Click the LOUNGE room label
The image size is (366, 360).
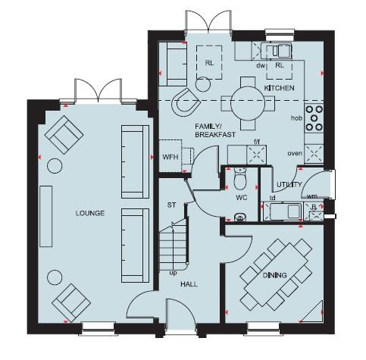coord(91,214)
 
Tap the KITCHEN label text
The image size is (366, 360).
coord(278,89)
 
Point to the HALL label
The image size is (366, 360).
coord(189,286)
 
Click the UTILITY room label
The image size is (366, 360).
coord(289,185)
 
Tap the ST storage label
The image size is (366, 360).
coord(171,205)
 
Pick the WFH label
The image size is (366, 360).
coord(170,158)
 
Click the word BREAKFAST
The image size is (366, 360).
coord(215,134)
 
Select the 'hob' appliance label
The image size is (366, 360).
coord(296,119)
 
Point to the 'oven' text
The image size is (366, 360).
coord(294,153)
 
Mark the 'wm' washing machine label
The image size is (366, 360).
coord(311,196)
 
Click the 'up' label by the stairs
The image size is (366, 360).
coord(173,272)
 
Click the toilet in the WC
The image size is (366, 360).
coord(239,182)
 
